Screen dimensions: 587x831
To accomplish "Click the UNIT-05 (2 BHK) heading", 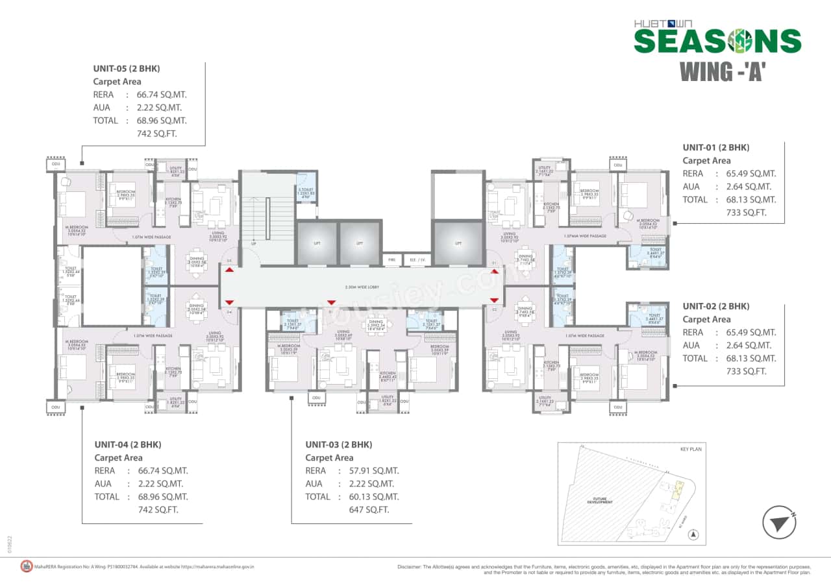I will tap(127, 68).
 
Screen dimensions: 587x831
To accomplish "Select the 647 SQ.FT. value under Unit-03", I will tap(369, 510).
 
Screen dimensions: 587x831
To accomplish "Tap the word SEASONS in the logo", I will tap(717, 41).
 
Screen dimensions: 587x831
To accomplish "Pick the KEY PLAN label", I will tap(691, 449).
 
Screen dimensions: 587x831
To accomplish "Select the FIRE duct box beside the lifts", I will tap(391, 259).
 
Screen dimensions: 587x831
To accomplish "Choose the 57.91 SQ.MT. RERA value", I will tap(374, 471).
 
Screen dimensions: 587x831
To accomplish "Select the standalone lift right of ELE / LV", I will tap(458, 243).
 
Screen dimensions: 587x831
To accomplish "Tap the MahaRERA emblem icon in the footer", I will tap(27, 566).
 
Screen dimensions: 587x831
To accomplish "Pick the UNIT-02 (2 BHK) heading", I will tap(715, 306).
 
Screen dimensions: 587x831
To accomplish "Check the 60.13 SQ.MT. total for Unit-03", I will tap(374, 497).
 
